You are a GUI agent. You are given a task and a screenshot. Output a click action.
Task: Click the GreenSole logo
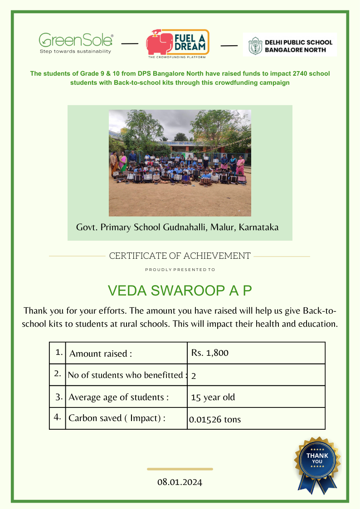pyautogui.click(x=76, y=43)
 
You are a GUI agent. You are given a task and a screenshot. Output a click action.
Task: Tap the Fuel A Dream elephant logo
pyautogui.click(x=177, y=44)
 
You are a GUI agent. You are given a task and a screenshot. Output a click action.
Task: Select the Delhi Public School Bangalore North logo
pyautogui.click(x=290, y=45)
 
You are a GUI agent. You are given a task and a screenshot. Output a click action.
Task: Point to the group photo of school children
pyautogui.click(x=180, y=163)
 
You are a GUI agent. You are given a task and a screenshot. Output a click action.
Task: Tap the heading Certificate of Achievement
pyautogui.click(x=180, y=256)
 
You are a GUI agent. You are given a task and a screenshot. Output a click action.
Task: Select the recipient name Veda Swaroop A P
pyautogui.click(x=180, y=291)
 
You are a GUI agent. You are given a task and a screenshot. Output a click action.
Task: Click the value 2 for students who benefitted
pyautogui.click(x=194, y=376)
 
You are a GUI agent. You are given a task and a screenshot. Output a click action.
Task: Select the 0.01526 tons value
pyautogui.click(x=215, y=420)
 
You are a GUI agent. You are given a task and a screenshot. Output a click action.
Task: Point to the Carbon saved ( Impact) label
pyautogui.click(x=117, y=418)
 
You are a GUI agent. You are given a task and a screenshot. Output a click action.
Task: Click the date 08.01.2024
pyautogui.click(x=180, y=482)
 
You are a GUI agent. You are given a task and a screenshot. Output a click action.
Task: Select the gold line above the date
pyautogui.click(x=180, y=469)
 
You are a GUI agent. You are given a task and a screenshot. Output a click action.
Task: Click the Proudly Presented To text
pyautogui.click(x=180, y=270)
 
